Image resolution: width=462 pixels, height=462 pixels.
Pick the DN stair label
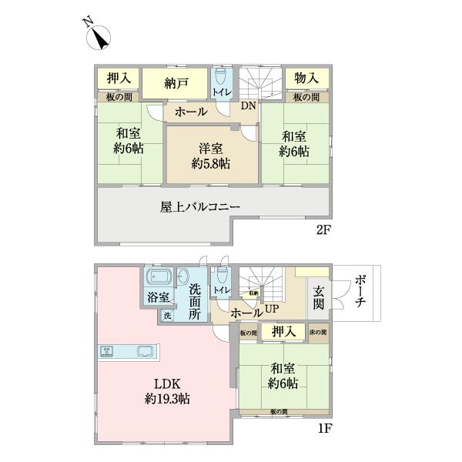point(248,106)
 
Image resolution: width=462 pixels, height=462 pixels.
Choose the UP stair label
point(272,309)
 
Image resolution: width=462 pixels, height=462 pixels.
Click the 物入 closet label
point(306,79)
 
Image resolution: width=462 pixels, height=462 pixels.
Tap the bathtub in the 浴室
point(159,277)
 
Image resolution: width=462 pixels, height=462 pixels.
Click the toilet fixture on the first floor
point(221,276)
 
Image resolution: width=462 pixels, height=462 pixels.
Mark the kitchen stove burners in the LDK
point(108,352)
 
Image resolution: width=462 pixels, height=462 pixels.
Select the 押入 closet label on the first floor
point(283,332)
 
